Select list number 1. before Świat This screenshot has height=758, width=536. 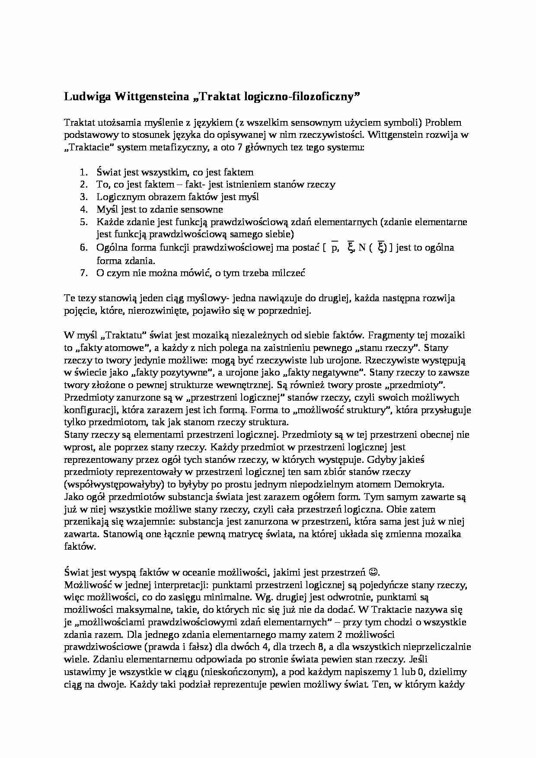[x=84, y=172]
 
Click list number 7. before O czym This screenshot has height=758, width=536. [x=84, y=273]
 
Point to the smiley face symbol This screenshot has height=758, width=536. [x=374, y=573]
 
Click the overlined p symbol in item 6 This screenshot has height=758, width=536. [x=334, y=248]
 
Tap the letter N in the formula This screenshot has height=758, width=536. [x=362, y=248]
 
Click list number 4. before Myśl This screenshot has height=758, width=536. [x=84, y=210]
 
